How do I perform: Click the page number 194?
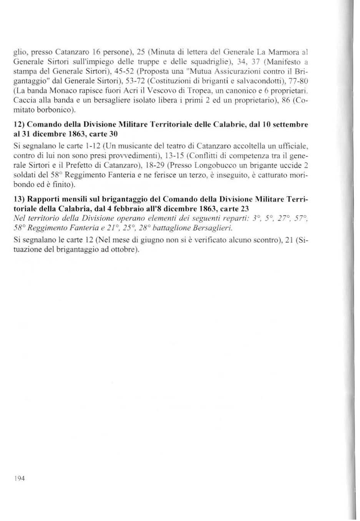pos(19,478)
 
